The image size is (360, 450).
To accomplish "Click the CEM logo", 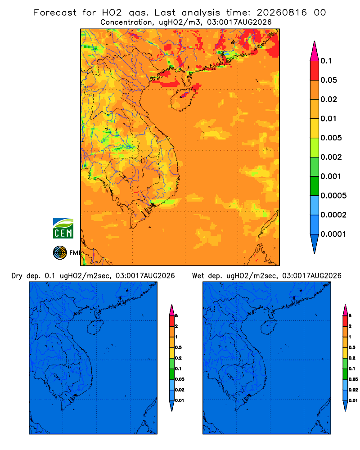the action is click(63, 229).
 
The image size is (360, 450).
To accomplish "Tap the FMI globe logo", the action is click(60, 252).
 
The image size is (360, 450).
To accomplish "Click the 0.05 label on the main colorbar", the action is click(328, 80).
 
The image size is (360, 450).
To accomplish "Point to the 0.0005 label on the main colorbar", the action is click(333, 196).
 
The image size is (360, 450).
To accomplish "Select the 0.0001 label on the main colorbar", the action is click(333, 234).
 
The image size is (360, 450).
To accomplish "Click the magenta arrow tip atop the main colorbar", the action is click(315, 51).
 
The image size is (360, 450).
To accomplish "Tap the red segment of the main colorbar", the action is click(315, 70).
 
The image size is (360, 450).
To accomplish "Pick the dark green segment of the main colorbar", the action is click(315, 186).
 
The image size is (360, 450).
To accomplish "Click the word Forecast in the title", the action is click(55, 13).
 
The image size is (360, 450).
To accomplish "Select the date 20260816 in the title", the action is click(282, 13).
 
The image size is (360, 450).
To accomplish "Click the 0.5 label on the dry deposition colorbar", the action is click(178, 347).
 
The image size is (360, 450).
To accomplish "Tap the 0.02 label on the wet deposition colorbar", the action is click(353, 390).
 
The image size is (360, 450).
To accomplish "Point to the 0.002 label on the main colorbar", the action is click(331, 157).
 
